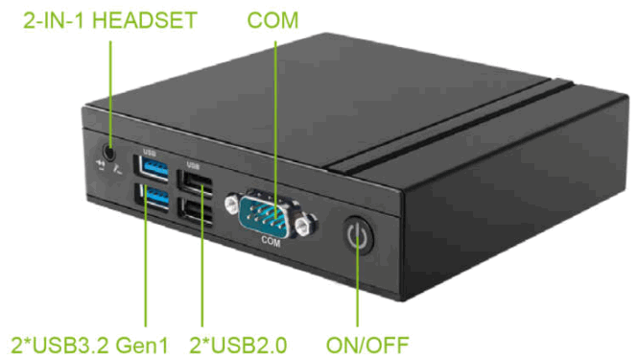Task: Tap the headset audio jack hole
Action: coord(110,150)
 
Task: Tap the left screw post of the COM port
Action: coord(232,203)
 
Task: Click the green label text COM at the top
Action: coord(272,19)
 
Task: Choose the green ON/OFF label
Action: coord(367,343)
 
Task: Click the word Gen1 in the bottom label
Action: coord(152,343)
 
